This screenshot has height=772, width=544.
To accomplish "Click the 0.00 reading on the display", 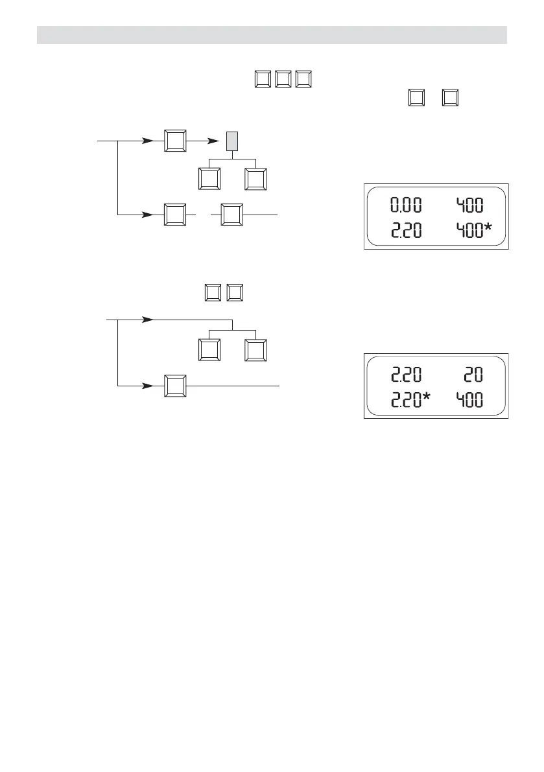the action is (405, 206).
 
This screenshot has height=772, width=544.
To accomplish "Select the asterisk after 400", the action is (488, 228).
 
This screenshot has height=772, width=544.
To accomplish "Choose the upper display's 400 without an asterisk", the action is (467, 206).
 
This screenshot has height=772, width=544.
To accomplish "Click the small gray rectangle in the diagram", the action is (233, 142).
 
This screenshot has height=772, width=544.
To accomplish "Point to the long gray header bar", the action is (272, 35).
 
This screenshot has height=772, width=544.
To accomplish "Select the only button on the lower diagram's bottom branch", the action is (174, 386).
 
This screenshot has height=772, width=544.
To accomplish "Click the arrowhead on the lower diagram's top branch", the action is (148, 320).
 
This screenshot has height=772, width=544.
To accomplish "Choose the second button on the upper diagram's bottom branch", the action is (232, 214).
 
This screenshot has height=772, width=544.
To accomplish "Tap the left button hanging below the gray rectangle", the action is (209, 179).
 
